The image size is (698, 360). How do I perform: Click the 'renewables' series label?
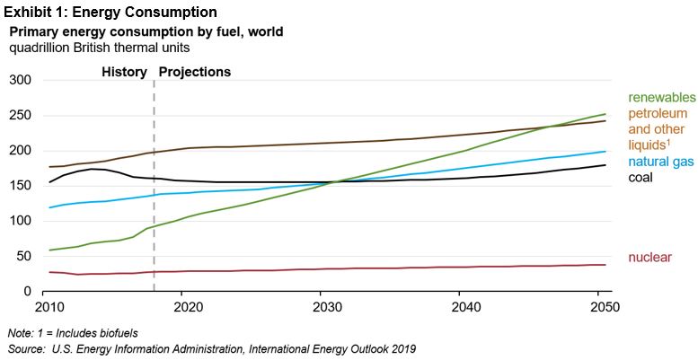coord(661,97)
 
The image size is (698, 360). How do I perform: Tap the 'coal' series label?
coord(641,177)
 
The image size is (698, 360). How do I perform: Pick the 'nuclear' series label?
coord(649,259)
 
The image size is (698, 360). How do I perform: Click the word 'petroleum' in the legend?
coord(658,113)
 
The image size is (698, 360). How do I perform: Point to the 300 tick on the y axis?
coord(20,81)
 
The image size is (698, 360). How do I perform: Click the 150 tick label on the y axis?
coord(20,186)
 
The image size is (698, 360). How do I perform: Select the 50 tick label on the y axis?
coord(23,257)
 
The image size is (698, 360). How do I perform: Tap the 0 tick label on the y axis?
coord(27,292)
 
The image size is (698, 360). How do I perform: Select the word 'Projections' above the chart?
coord(194,72)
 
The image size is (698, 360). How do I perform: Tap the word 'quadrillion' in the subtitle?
coord(41,47)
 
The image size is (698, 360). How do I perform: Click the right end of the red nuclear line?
coord(604,265)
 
